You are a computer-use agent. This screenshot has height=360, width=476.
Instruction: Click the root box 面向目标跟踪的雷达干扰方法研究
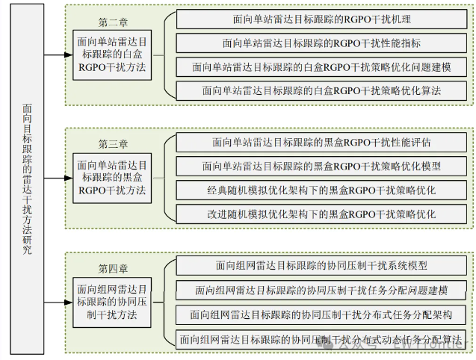click(x=28, y=179)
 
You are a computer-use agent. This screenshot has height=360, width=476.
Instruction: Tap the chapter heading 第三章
click(x=114, y=143)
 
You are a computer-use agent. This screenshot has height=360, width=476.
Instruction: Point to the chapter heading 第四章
click(x=114, y=267)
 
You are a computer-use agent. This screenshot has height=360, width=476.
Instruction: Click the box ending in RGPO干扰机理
click(x=322, y=19)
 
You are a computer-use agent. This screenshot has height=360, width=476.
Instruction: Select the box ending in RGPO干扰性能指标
click(x=322, y=43)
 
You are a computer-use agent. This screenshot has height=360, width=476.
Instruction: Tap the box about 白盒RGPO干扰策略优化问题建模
click(x=322, y=66)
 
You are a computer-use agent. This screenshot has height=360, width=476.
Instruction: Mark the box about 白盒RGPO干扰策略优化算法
click(x=322, y=90)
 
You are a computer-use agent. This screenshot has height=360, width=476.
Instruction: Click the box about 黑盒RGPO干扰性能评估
click(x=322, y=141)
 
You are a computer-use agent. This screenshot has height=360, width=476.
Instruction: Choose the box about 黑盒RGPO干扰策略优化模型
click(x=322, y=165)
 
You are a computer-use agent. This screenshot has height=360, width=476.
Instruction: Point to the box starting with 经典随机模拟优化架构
click(x=322, y=190)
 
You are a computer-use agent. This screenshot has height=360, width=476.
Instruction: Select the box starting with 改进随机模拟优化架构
click(x=322, y=214)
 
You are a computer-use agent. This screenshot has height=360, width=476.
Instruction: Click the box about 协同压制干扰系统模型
click(x=322, y=265)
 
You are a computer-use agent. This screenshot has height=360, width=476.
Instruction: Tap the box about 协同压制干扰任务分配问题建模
click(x=322, y=290)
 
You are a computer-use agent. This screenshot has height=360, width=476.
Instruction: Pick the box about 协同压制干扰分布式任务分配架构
click(x=322, y=314)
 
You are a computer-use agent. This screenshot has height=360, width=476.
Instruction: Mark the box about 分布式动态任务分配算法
click(x=322, y=338)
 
